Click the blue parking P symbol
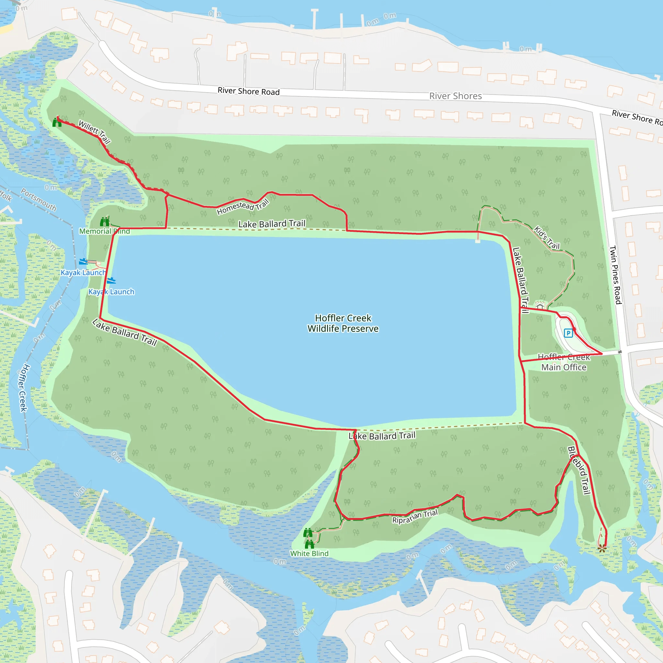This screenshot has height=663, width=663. click(568, 333)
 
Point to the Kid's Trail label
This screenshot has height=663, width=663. click(547, 238)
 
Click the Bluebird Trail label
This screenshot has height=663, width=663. click(579, 470)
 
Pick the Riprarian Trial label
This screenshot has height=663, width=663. click(415, 516)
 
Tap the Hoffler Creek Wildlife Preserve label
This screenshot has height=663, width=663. click(343, 323)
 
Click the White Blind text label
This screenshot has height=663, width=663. click(309, 554)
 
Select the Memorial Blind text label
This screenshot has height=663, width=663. click(104, 231)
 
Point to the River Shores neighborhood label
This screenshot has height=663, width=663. click(455, 96)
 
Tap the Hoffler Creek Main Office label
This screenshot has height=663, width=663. click(564, 362)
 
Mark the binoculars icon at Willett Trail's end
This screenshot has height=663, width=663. click(57, 122)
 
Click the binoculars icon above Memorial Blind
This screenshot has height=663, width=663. click(105, 222)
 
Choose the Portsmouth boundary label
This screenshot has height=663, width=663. click(39, 199)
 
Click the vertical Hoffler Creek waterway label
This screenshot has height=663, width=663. click(23, 388)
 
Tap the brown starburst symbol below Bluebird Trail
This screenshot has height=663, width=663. click(602, 548)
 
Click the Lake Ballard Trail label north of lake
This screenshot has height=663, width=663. click(272, 224)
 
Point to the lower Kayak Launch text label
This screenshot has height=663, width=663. click(111, 292)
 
